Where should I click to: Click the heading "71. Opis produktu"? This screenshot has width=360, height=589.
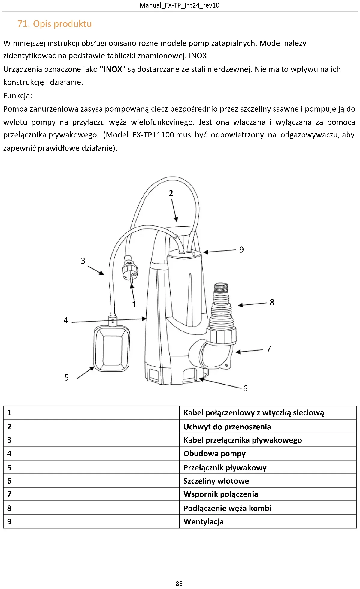[54, 24]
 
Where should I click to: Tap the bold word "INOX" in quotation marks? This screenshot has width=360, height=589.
[113, 69]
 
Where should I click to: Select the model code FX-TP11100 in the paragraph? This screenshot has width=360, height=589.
[153, 135]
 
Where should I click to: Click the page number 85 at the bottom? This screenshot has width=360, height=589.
[179, 583]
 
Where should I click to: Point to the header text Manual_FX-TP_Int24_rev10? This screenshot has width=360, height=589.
[179, 5]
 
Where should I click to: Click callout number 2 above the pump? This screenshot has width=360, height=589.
[171, 193]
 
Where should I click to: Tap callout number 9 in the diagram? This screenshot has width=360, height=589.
[241, 250]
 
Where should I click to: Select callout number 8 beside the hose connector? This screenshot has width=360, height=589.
[272, 302]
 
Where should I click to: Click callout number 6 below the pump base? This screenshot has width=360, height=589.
[245, 388]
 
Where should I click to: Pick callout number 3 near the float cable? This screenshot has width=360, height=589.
[83, 261]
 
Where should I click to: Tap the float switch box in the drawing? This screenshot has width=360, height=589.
[112, 349]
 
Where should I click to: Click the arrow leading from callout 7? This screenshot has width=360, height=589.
[249, 351]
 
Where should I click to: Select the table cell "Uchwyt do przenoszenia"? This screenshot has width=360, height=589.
[227, 427]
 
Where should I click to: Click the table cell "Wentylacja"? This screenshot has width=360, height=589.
[203, 521]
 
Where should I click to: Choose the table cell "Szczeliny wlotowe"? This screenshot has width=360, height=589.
[216, 481]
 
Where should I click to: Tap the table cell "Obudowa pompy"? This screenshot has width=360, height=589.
[214, 453]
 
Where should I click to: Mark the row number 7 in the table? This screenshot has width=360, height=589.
[9, 494]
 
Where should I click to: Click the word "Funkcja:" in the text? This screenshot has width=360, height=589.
[18, 96]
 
